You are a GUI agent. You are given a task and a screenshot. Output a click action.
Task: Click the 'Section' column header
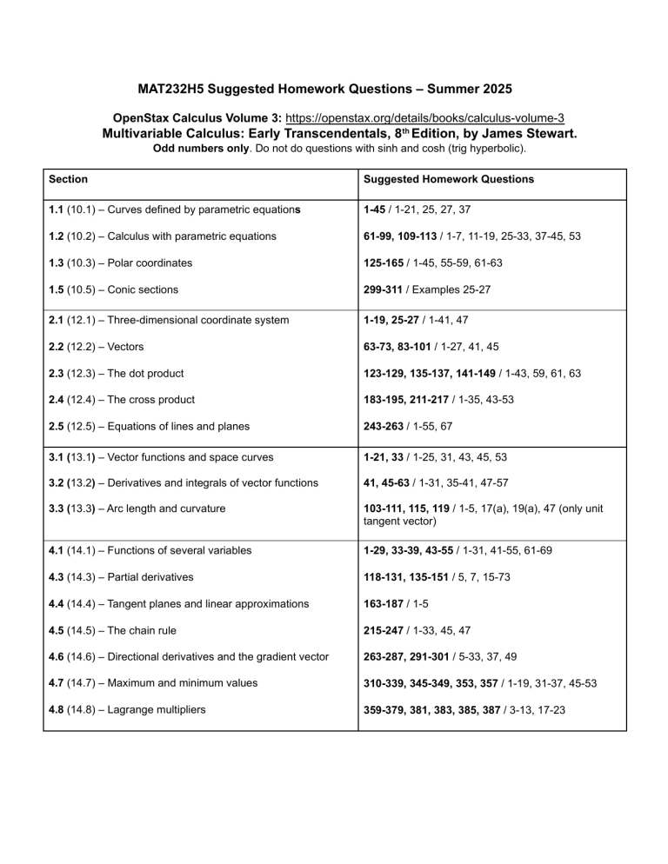point(68,179)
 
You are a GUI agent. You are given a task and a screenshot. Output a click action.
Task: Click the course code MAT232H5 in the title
point(178,90)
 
